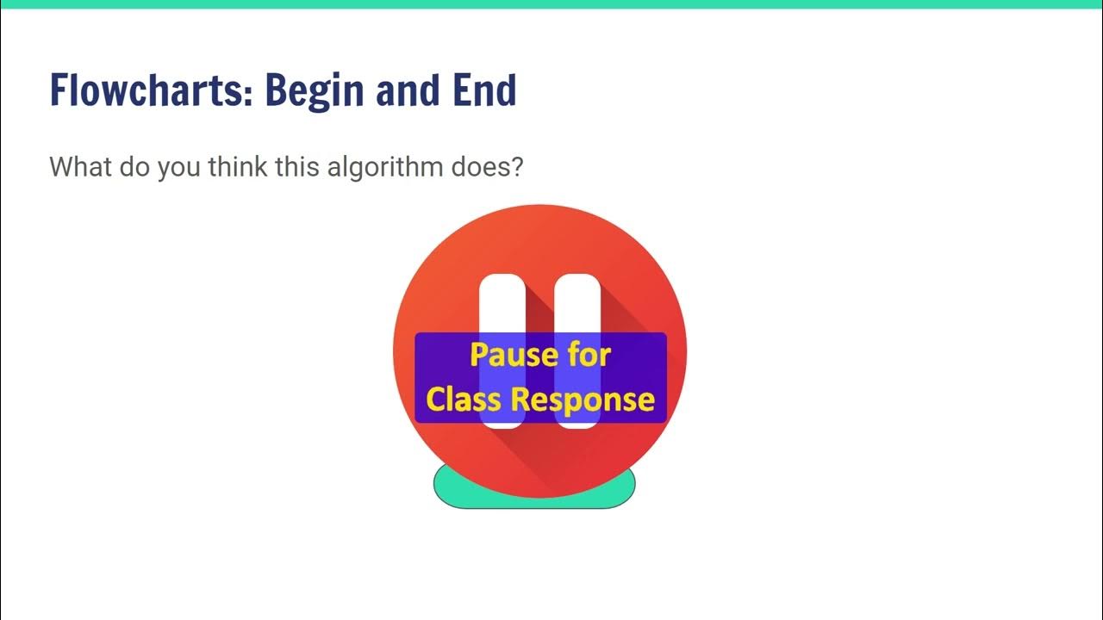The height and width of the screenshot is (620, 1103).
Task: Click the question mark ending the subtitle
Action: tap(516, 166)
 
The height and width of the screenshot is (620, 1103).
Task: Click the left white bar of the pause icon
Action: tap(502, 301)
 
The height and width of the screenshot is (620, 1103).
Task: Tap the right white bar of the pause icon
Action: tap(576, 301)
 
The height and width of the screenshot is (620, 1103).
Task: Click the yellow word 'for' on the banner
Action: tap(589, 355)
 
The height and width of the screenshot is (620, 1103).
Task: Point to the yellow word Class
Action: tap(464, 400)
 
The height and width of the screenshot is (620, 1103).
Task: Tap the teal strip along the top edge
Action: tap(551, 4)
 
